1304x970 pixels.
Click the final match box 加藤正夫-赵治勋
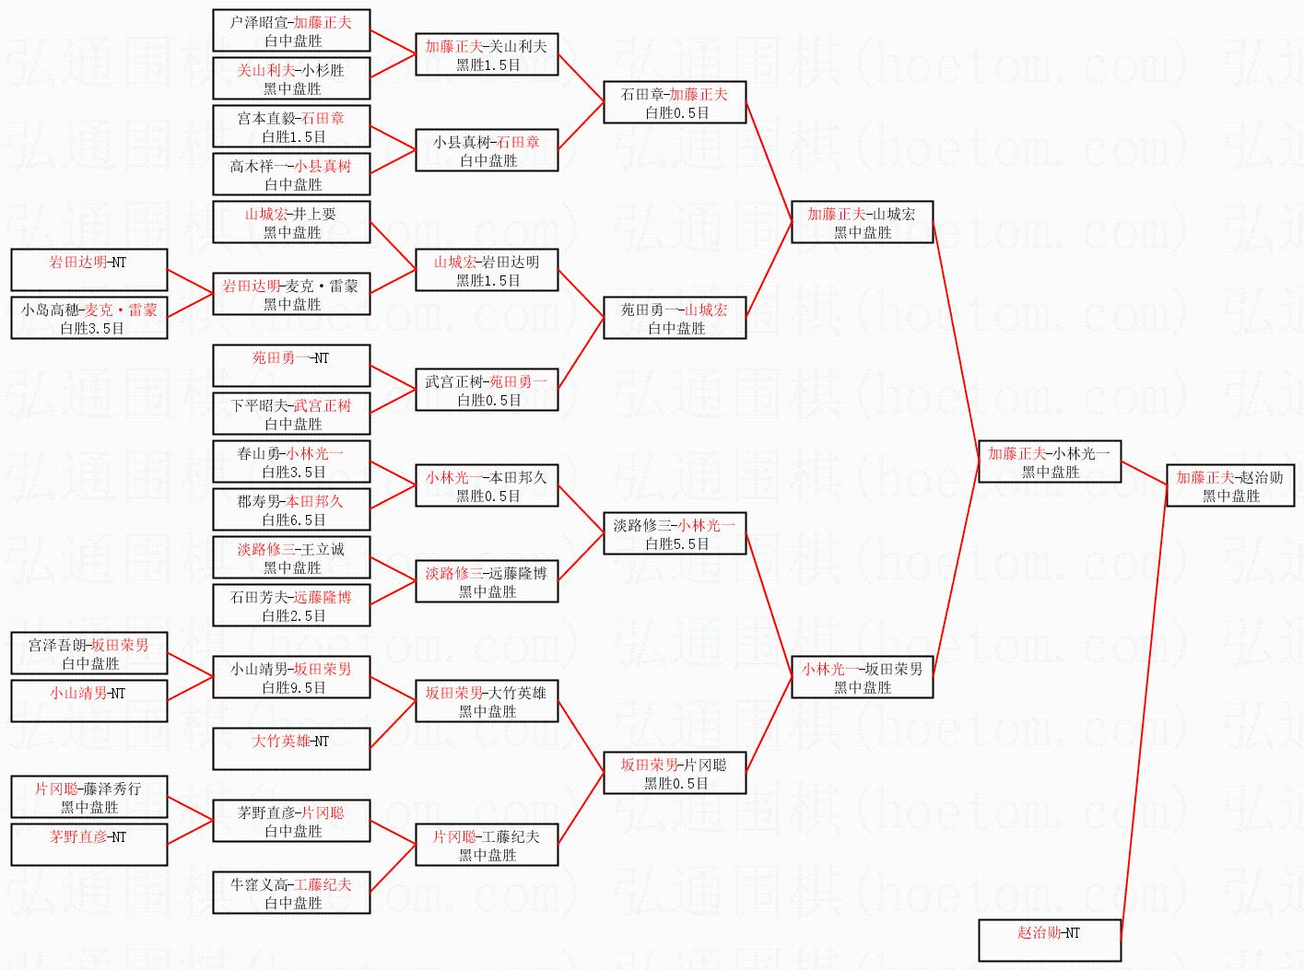[x=1230, y=485]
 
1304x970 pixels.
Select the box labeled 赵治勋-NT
[x=1050, y=941]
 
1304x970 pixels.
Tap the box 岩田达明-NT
[x=88, y=270]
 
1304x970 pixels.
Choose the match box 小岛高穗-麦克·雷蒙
[x=88, y=318]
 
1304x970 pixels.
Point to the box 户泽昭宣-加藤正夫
[x=291, y=30]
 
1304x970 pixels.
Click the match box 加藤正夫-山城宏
[x=862, y=222]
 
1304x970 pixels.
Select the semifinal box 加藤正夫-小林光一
[x=1050, y=462]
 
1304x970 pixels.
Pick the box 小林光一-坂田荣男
[x=862, y=677]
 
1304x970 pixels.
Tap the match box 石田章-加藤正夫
[x=675, y=102]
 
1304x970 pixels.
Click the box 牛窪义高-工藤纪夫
[x=291, y=893]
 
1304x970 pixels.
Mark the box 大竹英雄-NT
[x=291, y=749]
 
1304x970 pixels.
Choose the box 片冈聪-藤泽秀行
[x=88, y=797]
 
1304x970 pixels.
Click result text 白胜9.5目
[x=293, y=687]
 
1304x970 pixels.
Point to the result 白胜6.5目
[x=293, y=520]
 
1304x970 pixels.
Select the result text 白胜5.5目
[x=676, y=543]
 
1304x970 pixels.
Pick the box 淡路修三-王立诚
[x=291, y=557]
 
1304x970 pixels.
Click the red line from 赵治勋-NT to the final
[x=1144, y=713]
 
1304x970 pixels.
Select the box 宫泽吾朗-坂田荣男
[x=88, y=653]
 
